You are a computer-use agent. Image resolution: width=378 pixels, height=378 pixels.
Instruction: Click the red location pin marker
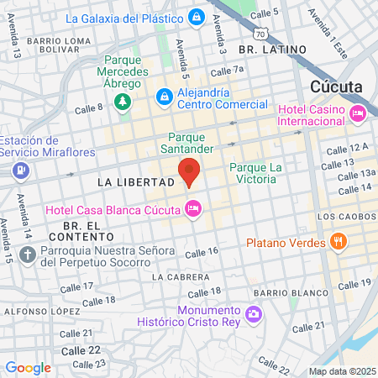coord(189,171)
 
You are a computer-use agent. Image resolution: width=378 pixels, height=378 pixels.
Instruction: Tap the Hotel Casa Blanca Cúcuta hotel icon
coord(194,207)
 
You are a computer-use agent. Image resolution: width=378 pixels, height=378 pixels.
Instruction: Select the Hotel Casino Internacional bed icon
coord(359,113)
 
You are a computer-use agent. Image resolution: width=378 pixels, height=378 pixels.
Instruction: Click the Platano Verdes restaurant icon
coord(339,243)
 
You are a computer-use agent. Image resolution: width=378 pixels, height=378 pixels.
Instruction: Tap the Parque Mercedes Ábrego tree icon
coord(123,102)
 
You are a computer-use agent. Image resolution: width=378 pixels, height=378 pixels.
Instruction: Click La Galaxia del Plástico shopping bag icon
coord(196,17)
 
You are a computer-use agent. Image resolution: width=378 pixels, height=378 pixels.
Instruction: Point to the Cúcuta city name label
coord(336,86)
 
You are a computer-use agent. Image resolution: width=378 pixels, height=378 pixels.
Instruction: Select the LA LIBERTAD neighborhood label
coord(129,181)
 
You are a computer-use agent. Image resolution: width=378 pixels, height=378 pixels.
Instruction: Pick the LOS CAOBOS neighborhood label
coord(345,217)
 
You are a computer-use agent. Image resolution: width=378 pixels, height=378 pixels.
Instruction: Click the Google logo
coord(28,367)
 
